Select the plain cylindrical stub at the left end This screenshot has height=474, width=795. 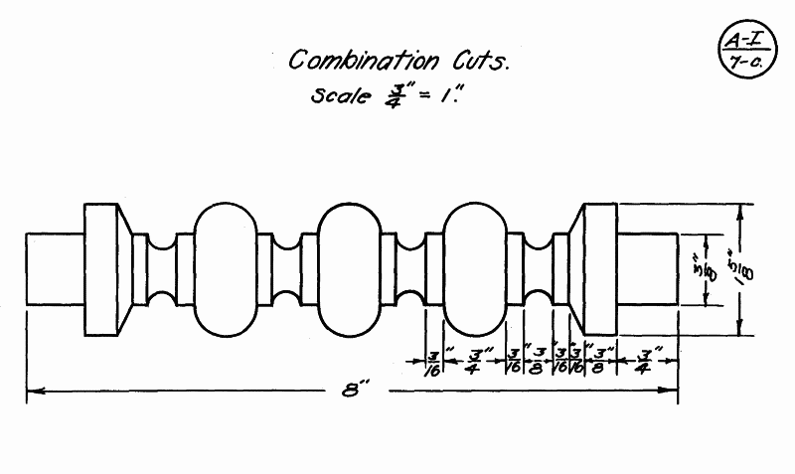pyautogui.click(x=55, y=270)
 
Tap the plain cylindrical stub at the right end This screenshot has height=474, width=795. pyautogui.click(x=647, y=270)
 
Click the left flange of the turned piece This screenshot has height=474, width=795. pyautogui.click(x=102, y=270)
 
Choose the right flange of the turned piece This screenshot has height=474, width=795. pyautogui.click(x=598, y=270)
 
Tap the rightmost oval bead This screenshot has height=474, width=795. pyautogui.click(x=477, y=270)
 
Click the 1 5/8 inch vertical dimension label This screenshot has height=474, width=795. pyautogui.click(x=733, y=270)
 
